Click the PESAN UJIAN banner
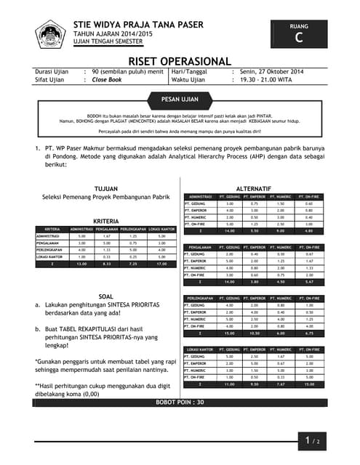[180, 99]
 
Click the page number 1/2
[313, 439]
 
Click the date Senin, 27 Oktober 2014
[273, 72]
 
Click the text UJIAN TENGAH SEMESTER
[110, 42]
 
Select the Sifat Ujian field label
[51, 80]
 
